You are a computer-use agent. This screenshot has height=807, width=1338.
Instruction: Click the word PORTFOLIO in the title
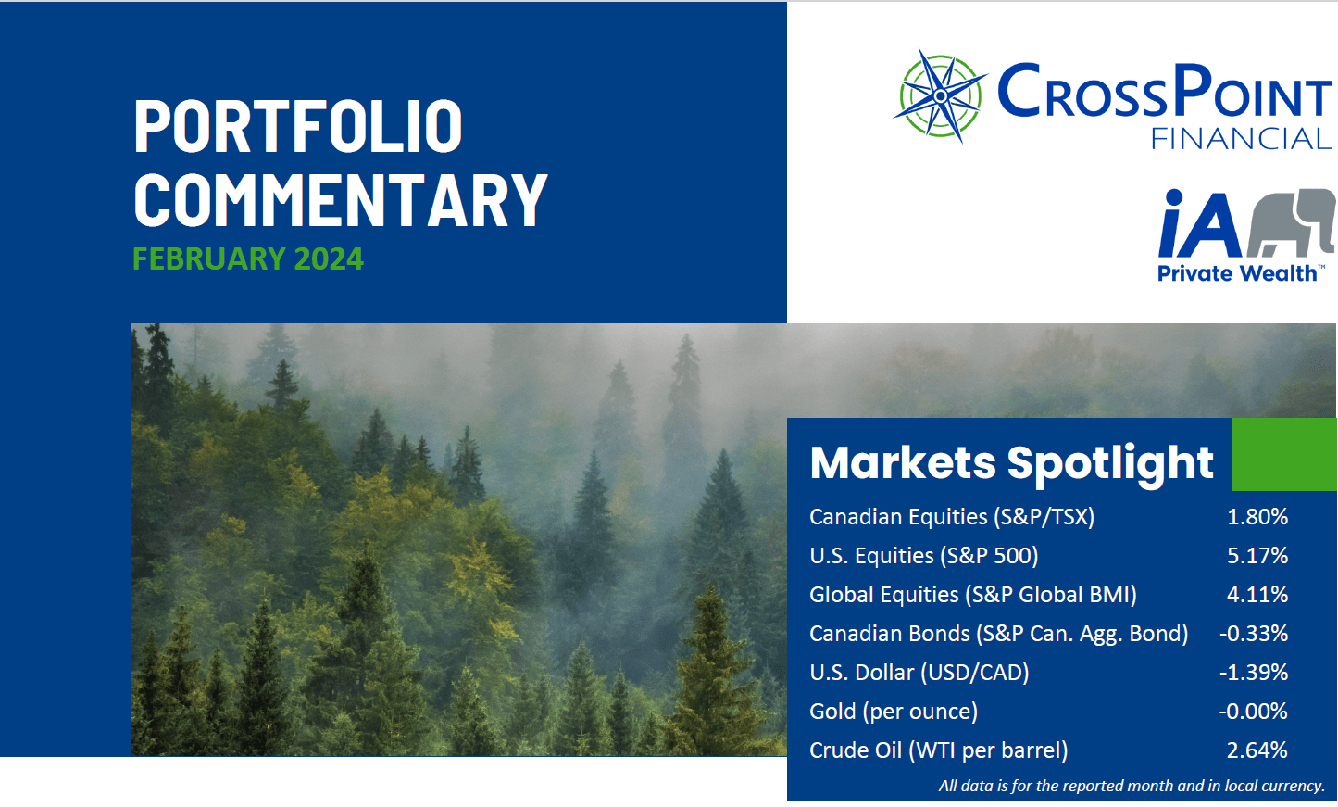tap(298, 125)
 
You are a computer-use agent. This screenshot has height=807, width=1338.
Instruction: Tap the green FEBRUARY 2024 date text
tap(248, 258)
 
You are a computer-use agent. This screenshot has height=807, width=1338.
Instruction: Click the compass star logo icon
tap(940, 95)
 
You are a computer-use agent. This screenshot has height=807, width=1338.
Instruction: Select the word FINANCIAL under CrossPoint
tap(1241, 139)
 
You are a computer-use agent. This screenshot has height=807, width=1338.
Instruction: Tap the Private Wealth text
tap(1237, 273)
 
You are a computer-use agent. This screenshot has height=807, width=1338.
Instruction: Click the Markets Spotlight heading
tap(1011, 462)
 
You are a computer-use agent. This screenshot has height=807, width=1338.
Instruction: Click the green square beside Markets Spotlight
tap(1284, 454)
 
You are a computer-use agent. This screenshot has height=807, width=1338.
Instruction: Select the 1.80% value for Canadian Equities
tap(1257, 516)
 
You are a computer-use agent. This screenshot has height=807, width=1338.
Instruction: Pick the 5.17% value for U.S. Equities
tap(1257, 555)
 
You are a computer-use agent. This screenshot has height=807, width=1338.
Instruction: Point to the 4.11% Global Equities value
tap(1257, 594)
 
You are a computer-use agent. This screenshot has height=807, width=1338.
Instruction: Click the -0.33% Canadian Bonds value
tap(1254, 633)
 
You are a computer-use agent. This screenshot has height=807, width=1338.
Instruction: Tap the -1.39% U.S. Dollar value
tap(1254, 672)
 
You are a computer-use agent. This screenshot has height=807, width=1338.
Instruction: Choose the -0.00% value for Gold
tap(1254, 711)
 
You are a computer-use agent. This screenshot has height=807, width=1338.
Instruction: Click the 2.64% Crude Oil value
tap(1257, 750)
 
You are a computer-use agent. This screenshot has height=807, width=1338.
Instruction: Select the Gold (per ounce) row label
tap(894, 712)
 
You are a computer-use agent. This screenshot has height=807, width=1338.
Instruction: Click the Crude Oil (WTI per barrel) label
tap(938, 750)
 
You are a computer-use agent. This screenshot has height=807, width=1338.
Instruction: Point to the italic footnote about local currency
tap(1132, 786)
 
